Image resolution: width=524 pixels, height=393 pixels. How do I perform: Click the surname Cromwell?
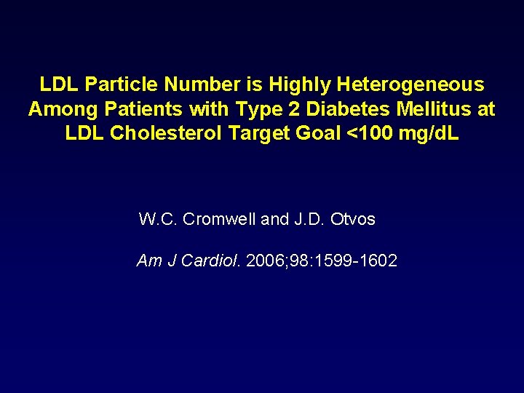pos(219,219)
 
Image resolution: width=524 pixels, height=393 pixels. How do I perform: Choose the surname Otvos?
pos(352,219)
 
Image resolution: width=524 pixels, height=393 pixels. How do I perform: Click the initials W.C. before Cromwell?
pos(158,219)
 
